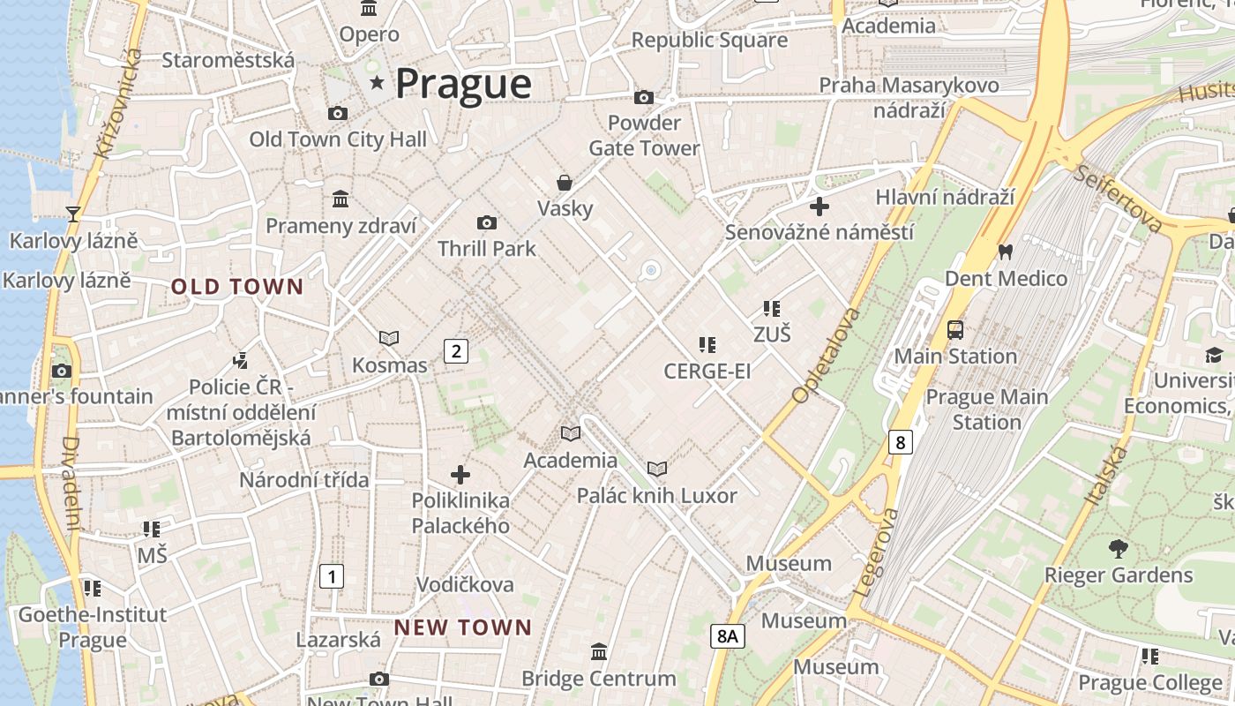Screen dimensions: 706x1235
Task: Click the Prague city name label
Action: (463, 84)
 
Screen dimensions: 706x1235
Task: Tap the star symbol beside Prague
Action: (378, 83)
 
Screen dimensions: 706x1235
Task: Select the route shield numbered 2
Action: (455, 351)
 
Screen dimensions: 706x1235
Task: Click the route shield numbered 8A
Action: (727, 636)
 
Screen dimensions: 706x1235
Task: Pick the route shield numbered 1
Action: (331, 577)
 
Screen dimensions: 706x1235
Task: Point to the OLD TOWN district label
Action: (237, 287)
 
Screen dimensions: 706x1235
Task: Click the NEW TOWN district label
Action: (463, 627)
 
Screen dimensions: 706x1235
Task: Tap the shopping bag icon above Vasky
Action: (565, 183)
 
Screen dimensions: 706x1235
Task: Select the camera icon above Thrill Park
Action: (486, 222)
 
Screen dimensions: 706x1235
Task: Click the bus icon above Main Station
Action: (955, 330)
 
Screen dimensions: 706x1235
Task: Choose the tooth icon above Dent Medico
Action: (1005, 252)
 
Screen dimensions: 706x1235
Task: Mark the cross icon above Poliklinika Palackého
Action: (460, 475)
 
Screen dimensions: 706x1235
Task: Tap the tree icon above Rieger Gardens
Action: (1119, 549)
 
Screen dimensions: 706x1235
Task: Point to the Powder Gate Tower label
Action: (645, 135)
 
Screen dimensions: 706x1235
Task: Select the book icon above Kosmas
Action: (389, 338)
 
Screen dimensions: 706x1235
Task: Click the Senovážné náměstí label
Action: (819, 232)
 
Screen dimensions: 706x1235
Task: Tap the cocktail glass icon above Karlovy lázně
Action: (73, 214)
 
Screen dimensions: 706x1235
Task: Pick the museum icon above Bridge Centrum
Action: (599, 651)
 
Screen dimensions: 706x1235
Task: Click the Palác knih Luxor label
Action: (656, 496)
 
